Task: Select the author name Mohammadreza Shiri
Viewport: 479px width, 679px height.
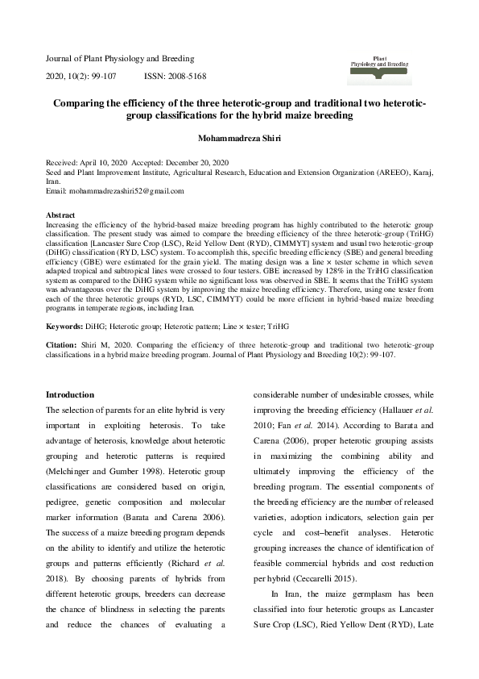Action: tap(239, 138)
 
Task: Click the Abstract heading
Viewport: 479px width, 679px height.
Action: tap(60, 216)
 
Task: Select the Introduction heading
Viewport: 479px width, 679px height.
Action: tap(70, 395)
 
